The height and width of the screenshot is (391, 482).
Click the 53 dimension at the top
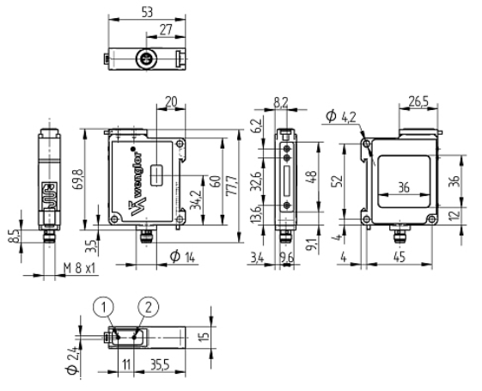tap(147, 12)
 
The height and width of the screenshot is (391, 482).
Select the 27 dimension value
tap(166, 30)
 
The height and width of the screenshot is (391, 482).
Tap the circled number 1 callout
tap(104, 307)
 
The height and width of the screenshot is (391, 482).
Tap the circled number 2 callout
tap(149, 307)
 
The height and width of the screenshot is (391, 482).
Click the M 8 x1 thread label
tap(80, 268)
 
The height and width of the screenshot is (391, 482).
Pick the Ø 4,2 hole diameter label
tap(340, 117)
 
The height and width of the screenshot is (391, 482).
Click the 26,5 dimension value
tap(418, 101)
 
